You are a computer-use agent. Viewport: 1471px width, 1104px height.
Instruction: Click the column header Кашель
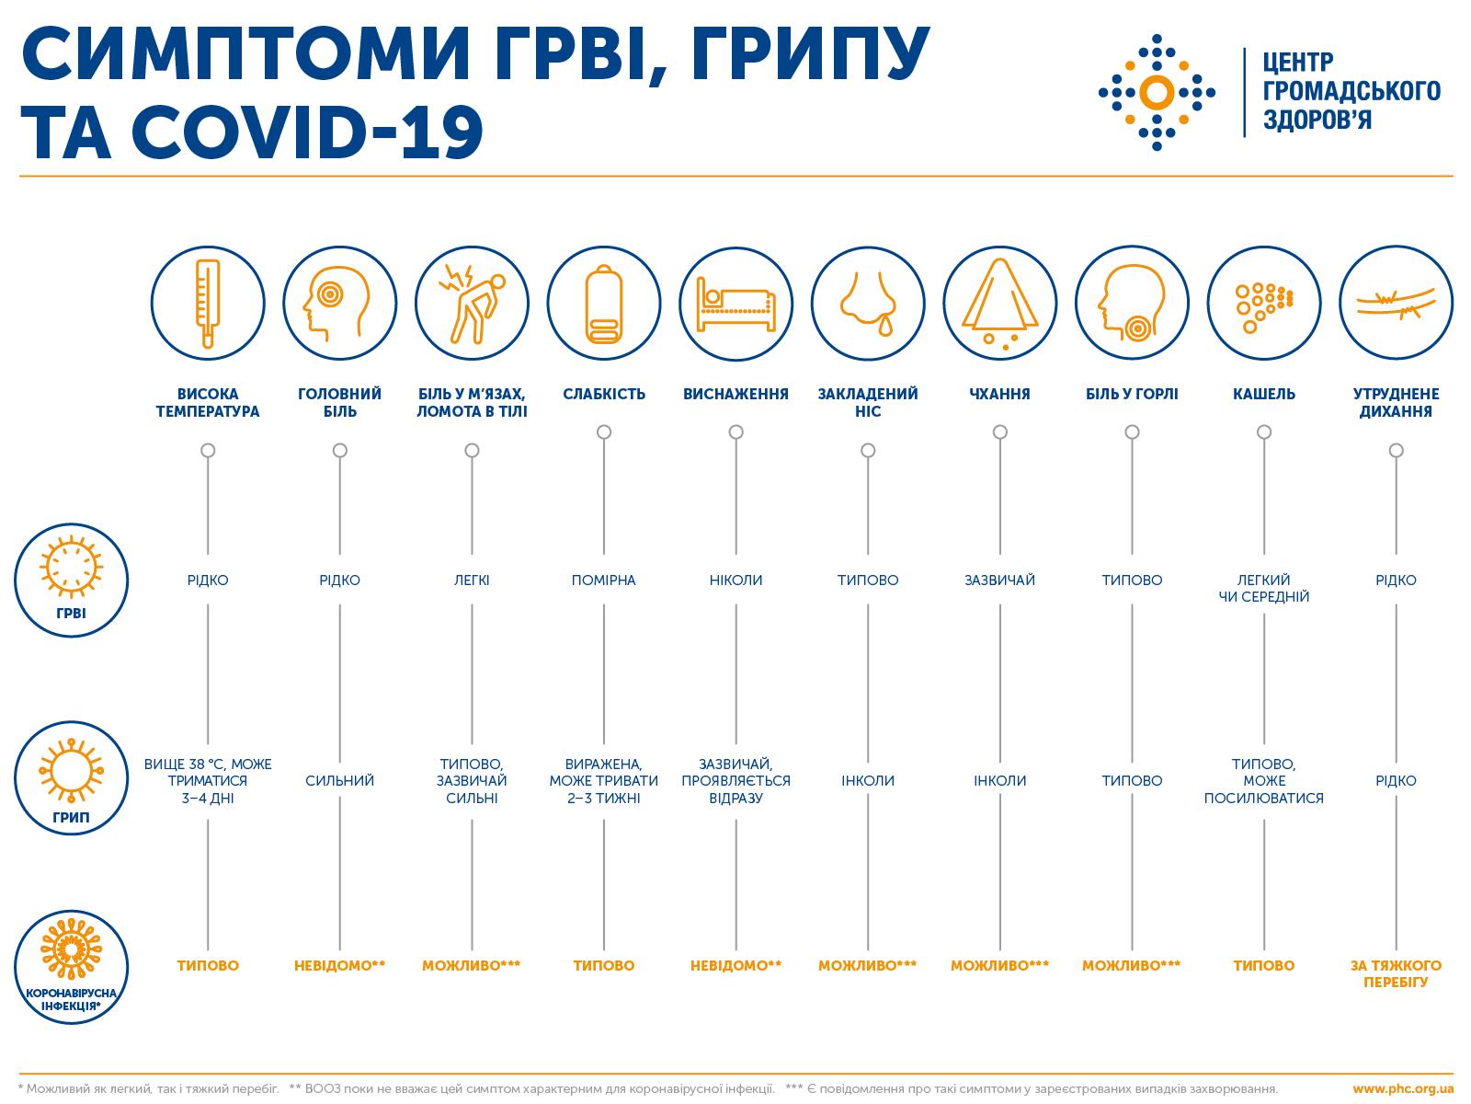(x=1264, y=394)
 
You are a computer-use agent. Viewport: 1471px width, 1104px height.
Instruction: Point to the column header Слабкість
(x=604, y=394)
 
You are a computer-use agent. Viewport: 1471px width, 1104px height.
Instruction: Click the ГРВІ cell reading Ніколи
(x=735, y=580)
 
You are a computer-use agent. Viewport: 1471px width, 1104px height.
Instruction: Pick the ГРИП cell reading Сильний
(x=339, y=780)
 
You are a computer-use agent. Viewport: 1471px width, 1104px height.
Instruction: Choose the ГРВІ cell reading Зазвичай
(x=1000, y=580)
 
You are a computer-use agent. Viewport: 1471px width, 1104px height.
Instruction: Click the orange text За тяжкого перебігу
(x=1396, y=973)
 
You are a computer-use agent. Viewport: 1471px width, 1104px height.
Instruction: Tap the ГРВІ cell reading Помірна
(x=604, y=580)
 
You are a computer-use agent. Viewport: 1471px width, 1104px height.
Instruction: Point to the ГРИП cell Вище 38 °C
(x=208, y=780)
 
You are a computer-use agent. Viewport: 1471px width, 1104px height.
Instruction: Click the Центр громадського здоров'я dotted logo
(x=1157, y=92)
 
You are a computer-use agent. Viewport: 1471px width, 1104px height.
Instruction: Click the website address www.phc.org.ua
(x=1403, y=1088)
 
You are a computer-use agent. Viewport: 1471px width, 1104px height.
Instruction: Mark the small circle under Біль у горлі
(x=1132, y=431)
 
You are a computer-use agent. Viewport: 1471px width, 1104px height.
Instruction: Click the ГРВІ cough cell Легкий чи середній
(x=1264, y=588)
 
